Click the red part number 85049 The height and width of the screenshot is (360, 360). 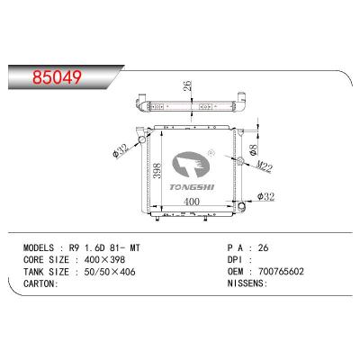[57, 77]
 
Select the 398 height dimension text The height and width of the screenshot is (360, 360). [157, 171]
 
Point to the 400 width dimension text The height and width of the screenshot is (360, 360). [192, 202]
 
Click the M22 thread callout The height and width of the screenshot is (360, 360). [265, 166]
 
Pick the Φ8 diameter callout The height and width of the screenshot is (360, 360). [254, 149]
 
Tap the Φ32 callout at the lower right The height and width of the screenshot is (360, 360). [265, 197]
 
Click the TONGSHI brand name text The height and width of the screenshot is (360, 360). [192, 187]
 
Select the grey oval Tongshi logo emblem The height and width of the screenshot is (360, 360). [190, 164]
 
